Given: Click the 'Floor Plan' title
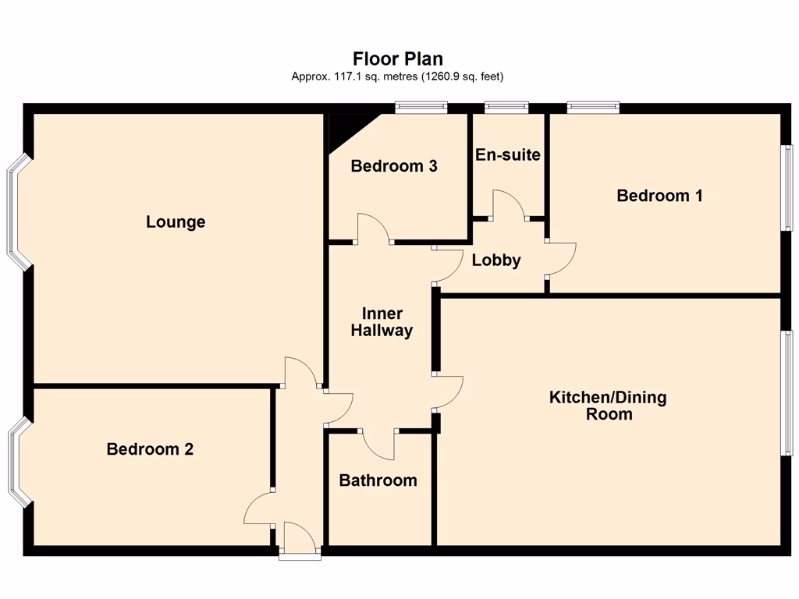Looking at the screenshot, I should (x=398, y=59).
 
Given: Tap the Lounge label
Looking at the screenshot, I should (x=176, y=222).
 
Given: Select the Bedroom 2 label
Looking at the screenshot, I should (x=150, y=449).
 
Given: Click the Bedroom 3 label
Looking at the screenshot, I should (x=394, y=166).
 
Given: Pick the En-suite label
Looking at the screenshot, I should (x=508, y=154).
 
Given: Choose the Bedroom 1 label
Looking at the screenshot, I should (x=659, y=196).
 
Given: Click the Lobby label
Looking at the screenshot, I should (x=496, y=261).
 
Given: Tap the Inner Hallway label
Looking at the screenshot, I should (x=382, y=322).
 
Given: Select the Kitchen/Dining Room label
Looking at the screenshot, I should (x=609, y=406).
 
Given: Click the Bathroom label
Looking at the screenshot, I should (x=378, y=480).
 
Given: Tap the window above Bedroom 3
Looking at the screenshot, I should (x=421, y=108).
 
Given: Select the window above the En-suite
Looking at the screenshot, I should (x=506, y=108).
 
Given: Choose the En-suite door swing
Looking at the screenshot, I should (x=508, y=204).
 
